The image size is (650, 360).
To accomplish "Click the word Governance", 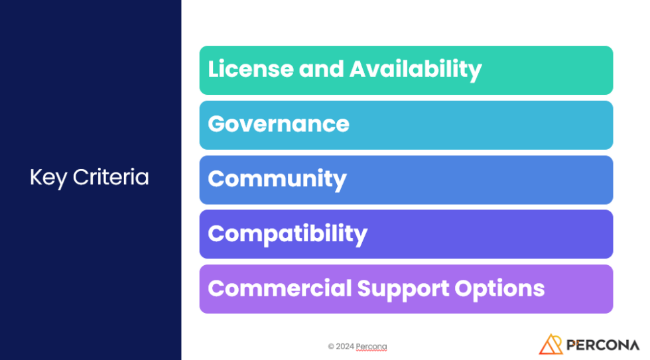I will click(279, 124).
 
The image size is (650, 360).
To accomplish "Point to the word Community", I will click(277, 180).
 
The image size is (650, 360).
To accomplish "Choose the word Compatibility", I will click(287, 234).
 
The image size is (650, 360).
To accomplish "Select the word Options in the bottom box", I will click(499, 289).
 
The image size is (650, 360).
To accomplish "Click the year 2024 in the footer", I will click(344, 346).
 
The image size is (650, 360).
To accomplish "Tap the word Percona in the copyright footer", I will click(371, 346).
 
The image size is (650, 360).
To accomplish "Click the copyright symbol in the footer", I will click(331, 346).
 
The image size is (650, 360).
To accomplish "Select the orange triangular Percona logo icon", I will click(551, 344).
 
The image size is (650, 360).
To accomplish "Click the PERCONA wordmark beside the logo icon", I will click(603, 345).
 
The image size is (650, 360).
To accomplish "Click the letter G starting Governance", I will click(216, 124).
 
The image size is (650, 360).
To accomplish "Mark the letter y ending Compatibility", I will click(361, 236).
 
